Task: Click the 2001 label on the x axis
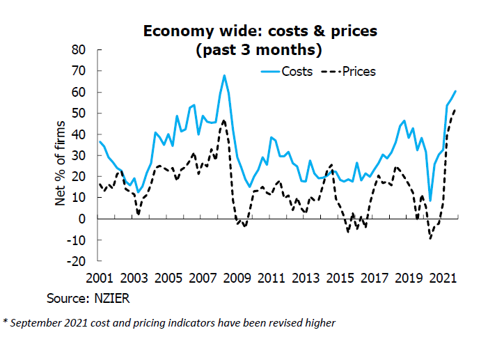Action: coord(99,279)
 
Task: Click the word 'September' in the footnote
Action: coord(38,322)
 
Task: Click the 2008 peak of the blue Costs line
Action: coord(224,75)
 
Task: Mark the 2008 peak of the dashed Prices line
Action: coord(223,120)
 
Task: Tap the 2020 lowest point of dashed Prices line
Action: coord(431,239)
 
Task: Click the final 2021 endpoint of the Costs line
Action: coord(455,91)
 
